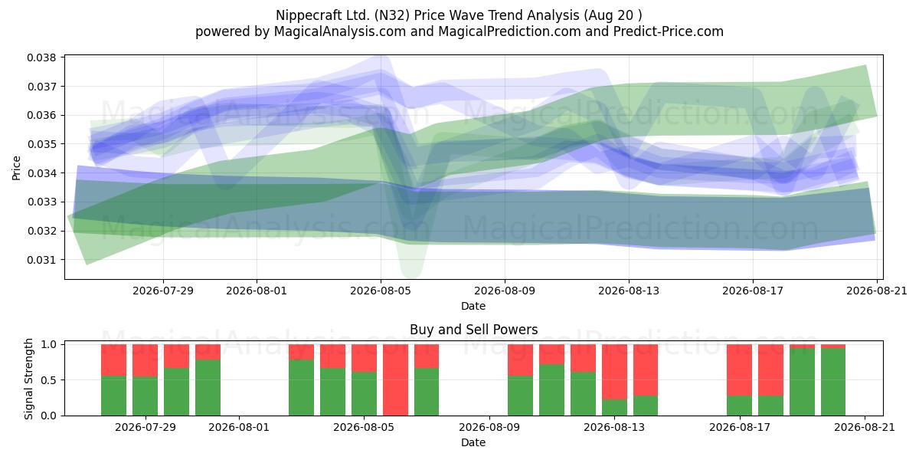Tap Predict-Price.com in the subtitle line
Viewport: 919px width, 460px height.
coord(669,31)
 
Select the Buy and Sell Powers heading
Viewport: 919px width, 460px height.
coord(473,330)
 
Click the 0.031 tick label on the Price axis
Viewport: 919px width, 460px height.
coord(41,260)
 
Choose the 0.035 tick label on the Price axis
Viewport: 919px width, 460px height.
coord(41,144)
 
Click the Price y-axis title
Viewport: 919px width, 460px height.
coord(16,168)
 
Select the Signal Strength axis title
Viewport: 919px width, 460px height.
coord(28,379)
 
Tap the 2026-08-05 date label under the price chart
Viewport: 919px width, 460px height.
coord(381,291)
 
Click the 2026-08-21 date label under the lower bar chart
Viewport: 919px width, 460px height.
coord(865,427)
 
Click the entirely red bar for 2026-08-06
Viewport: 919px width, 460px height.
coord(395,380)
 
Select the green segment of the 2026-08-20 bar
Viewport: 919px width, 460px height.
coord(833,382)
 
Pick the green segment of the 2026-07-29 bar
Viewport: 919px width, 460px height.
coord(145,396)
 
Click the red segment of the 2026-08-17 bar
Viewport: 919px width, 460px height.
coord(740,370)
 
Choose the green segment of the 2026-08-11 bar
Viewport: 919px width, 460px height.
coord(552,389)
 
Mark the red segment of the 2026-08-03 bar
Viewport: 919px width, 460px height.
coord(302,352)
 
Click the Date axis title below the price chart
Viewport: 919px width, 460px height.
coord(473,306)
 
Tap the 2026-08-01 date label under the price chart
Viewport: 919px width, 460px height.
coord(257,291)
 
